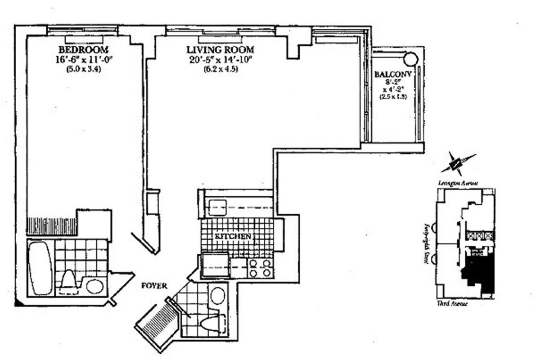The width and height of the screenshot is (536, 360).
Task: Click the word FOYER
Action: coord(154,286)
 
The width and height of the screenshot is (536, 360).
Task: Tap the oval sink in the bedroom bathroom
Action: coord(95,286)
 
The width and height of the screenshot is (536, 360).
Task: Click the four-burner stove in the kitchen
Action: coord(260,268)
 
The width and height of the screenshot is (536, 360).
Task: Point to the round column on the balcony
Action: coord(410,59)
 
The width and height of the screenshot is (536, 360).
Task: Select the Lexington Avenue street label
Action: coord(458,183)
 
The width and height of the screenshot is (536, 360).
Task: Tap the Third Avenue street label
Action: coord(452,304)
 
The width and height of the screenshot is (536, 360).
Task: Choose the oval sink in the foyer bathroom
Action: coord(218,296)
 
